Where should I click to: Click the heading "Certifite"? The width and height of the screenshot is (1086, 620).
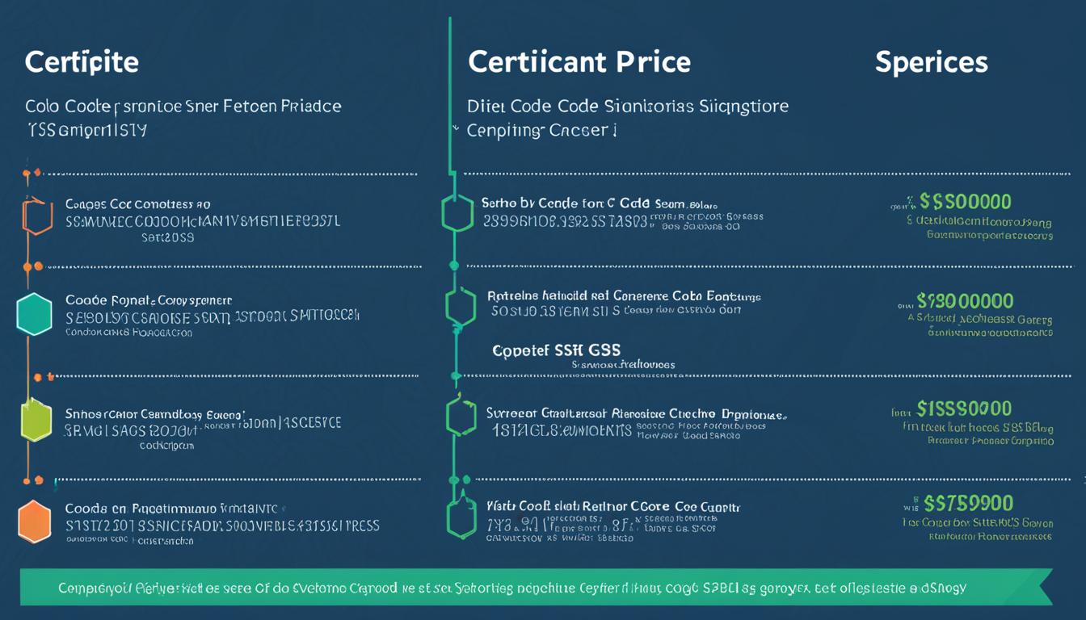[x=82, y=63]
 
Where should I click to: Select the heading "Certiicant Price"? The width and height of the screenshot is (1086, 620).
[x=579, y=62]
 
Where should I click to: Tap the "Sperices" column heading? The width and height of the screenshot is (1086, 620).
[x=931, y=62]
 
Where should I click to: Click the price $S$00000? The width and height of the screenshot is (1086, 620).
[x=966, y=202]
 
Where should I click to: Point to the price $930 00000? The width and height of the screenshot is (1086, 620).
[x=965, y=301]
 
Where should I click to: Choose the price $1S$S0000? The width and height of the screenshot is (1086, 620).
[x=964, y=408]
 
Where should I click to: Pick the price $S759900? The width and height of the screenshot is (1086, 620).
[x=968, y=504]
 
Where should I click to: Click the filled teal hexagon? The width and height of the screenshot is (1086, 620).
[x=34, y=315]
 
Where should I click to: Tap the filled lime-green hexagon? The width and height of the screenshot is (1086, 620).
[x=36, y=420]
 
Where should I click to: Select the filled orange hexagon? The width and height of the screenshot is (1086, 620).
[x=35, y=522]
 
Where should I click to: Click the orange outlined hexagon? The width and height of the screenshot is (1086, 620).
[x=36, y=216]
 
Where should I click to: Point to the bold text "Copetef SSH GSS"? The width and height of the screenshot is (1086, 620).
[x=557, y=350]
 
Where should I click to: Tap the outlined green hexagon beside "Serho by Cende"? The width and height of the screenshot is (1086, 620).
[x=457, y=213]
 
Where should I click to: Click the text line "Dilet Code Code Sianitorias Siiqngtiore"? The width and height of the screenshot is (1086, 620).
[x=628, y=106]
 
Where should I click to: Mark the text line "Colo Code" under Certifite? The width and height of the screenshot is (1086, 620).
[x=183, y=107]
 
